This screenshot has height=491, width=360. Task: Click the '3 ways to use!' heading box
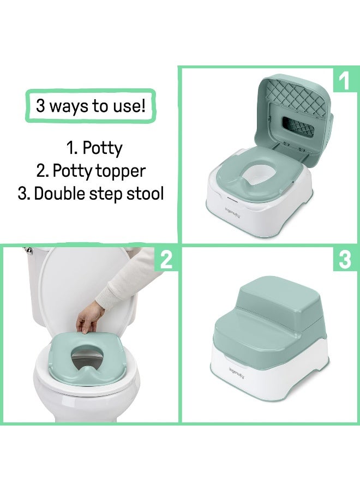tap(91, 106)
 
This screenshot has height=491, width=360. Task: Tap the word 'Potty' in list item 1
tap(102, 148)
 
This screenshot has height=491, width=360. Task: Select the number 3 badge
tap(345, 260)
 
